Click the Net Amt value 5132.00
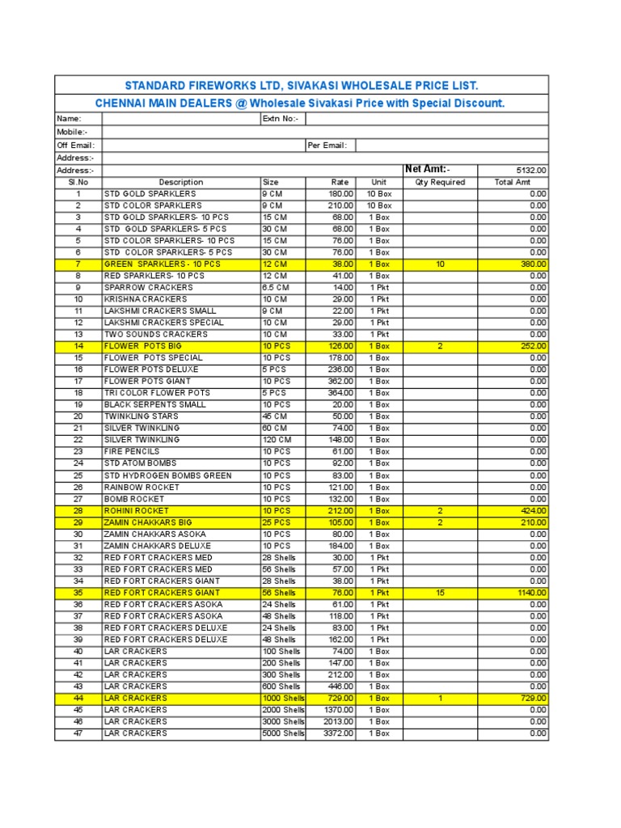point(531,171)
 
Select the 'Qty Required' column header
point(440,183)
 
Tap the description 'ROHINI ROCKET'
point(137,511)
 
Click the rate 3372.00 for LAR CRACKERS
point(339,733)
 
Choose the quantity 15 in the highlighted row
point(440,593)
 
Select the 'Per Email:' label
point(327,146)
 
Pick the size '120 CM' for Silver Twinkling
point(278,440)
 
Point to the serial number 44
point(78,698)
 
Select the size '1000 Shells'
point(283,698)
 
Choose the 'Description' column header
point(181,183)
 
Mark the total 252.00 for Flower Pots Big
point(533,346)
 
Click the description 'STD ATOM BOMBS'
point(140,463)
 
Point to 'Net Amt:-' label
point(427,169)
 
